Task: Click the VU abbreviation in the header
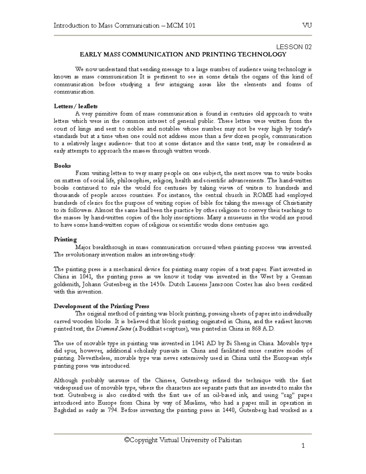(307, 26)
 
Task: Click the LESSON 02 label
(294, 47)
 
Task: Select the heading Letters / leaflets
(76, 107)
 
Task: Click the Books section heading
(62, 166)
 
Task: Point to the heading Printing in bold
(65, 240)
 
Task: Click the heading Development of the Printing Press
(101, 306)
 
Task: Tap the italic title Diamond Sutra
(110, 329)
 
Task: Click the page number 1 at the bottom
(303, 446)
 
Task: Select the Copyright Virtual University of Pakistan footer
(183, 440)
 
